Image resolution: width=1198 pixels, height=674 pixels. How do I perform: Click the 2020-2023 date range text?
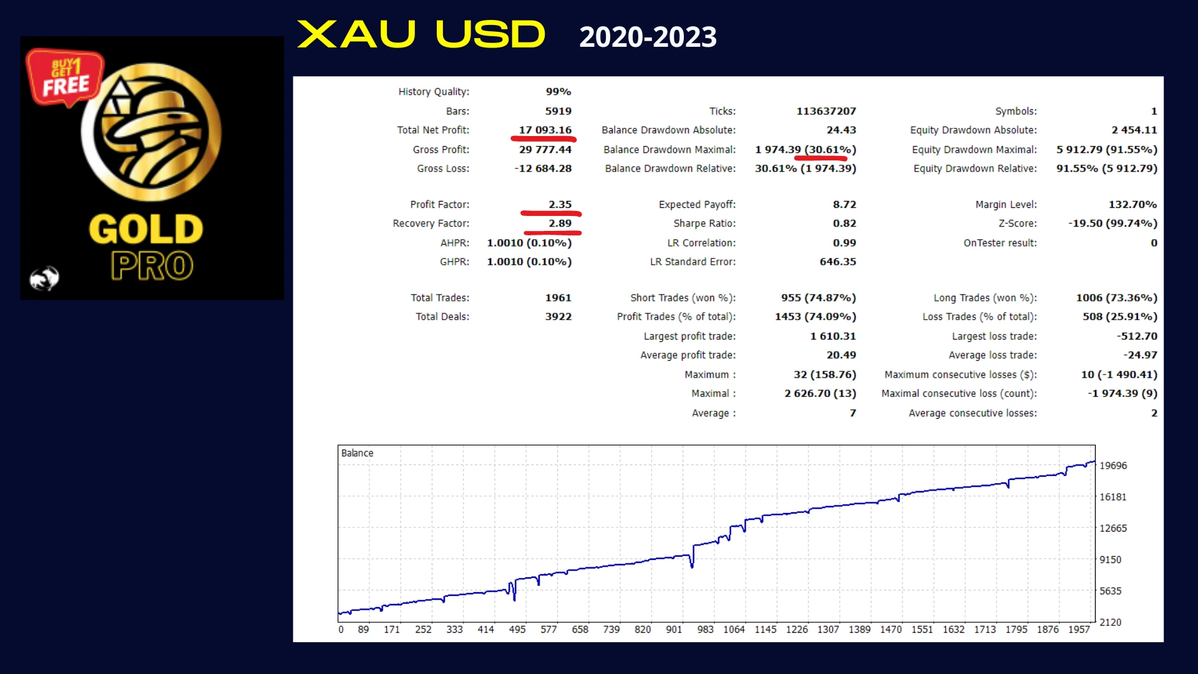(648, 37)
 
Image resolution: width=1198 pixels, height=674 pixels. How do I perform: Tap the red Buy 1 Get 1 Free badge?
(65, 77)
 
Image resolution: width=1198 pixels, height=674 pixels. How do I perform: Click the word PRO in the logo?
(152, 266)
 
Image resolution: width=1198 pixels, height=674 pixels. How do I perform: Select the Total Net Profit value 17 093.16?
(545, 130)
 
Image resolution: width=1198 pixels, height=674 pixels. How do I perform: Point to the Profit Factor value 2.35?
(560, 204)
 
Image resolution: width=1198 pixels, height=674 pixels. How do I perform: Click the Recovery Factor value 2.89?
(560, 223)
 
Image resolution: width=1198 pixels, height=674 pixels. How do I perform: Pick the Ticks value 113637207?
(826, 111)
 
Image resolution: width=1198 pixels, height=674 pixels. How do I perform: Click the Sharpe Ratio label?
(704, 223)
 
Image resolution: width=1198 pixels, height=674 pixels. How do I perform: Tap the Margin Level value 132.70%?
(1132, 204)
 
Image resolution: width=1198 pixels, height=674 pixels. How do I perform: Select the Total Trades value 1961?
(558, 298)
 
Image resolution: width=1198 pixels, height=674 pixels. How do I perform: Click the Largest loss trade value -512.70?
(1137, 336)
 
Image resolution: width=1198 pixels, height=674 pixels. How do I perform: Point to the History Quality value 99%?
(558, 92)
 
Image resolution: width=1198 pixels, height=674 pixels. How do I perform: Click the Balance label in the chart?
(357, 453)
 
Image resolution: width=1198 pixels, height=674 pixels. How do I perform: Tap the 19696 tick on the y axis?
(1113, 466)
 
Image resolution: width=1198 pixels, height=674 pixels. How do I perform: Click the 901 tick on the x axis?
(674, 629)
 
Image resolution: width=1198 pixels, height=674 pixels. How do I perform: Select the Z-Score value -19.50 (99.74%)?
(1113, 223)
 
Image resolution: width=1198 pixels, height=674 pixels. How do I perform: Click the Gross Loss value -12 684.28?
(543, 168)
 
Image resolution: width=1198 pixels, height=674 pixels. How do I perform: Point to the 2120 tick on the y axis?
(1110, 622)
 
